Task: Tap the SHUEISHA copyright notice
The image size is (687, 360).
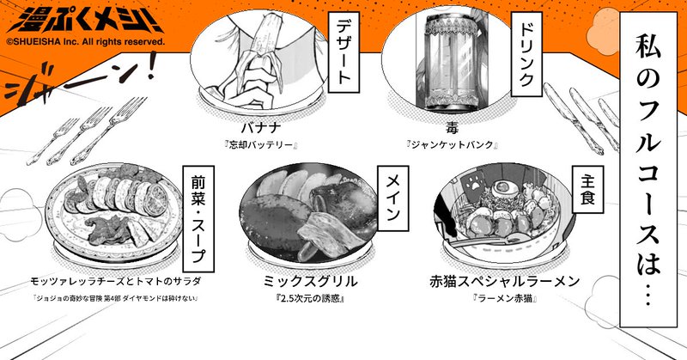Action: tap(86, 43)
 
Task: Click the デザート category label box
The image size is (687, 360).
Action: tap(344, 52)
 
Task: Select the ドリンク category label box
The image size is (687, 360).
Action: tap(526, 54)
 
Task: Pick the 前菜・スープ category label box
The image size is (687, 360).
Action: tap(198, 218)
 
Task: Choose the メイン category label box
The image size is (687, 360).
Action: tap(393, 198)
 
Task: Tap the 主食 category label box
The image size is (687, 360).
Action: tap(588, 189)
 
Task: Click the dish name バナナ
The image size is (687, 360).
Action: tap(261, 129)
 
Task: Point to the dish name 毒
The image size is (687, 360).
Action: tap(452, 128)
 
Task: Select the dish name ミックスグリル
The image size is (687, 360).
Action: tap(310, 281)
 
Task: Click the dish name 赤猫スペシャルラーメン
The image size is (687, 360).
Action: tap(505, 281)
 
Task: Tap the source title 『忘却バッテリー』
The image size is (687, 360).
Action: tap(261, 145)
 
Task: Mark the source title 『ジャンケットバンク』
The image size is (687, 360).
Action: tap(452, 145)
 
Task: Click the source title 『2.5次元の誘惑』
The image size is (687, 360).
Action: tap(310, 299)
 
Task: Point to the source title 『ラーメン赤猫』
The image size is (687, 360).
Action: tap(505, 299)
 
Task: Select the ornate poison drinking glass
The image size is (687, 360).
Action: tap(455, 57)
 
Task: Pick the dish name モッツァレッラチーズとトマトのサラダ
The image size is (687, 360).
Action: tap(116, 281)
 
